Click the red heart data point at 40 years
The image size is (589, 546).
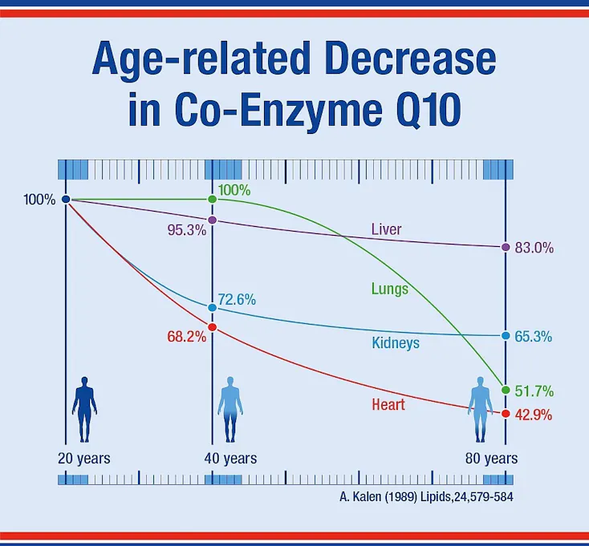pos(212,327)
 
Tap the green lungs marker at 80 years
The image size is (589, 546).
pos(506,390)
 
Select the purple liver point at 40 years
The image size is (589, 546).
pos(212,220)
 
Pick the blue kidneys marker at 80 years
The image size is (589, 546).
pos(506,335)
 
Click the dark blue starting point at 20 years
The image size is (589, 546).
pos(66,200)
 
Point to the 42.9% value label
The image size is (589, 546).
pos(534,415)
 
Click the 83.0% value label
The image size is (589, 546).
pos(534,248)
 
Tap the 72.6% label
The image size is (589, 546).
pos(237,300)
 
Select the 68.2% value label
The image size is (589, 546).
pos(187,337)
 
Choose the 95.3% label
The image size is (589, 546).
pos(187,230)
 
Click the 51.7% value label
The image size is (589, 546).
pos(534,391)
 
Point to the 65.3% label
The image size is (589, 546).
pos(534,337)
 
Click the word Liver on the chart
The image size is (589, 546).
pos(386,229)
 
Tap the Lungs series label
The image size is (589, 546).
pos(389,289)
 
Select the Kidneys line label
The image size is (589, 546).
pos(396,343)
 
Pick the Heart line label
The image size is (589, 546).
pos(388,405)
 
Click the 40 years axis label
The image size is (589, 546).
pos(230,459)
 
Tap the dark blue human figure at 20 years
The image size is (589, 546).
pos(84,410)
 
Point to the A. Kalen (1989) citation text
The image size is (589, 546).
pos(426,497)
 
